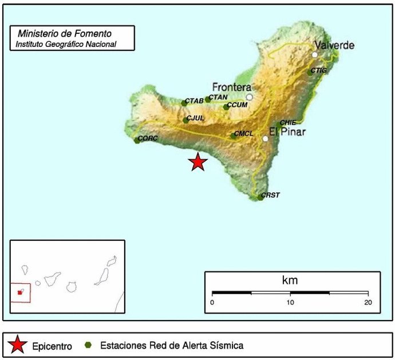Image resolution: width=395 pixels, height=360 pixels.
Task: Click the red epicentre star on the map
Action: pos(197,162)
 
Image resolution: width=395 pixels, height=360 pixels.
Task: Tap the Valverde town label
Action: pos(334,45)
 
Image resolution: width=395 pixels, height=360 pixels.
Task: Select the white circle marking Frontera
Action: pos(249,97)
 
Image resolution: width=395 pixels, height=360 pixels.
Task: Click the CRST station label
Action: pos(270,195)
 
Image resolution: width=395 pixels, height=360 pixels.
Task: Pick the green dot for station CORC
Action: pos(137,140)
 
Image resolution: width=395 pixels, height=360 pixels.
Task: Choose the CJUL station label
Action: pos(195,118)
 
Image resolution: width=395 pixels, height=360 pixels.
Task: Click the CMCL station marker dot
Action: pos(233,136)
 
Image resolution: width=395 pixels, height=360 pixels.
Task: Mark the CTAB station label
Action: pos(195,101)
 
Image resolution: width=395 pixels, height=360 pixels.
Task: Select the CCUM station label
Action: pos(237,105)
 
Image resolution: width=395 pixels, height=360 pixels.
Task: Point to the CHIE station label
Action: pos(288,122)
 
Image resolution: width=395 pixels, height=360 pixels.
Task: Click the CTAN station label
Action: pos(218,97)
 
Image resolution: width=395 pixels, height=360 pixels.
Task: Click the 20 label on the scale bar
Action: pos(368,302)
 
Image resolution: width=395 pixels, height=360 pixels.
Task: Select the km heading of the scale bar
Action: pos(290,280)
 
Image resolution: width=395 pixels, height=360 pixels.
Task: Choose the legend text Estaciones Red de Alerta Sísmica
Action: pos(171,345)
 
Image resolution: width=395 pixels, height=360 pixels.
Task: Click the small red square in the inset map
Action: pos(21,292)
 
